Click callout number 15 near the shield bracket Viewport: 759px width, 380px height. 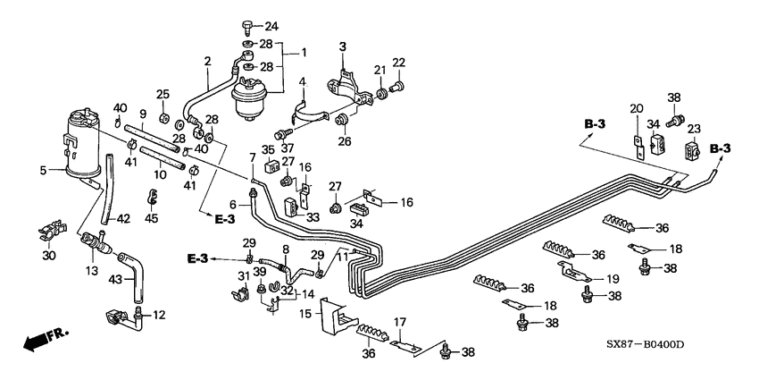tap(306, 315)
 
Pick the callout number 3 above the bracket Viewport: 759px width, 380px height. tap(341, 46)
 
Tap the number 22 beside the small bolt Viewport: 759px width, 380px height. tap(398, 62)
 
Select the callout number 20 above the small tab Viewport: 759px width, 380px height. tap(636, 108)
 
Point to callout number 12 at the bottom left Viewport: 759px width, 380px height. tap(161, 314)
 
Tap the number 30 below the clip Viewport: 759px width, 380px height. tap(48, 256)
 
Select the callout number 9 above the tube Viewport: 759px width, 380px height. tap(142, 114)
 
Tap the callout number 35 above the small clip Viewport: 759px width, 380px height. tap(269, 149)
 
